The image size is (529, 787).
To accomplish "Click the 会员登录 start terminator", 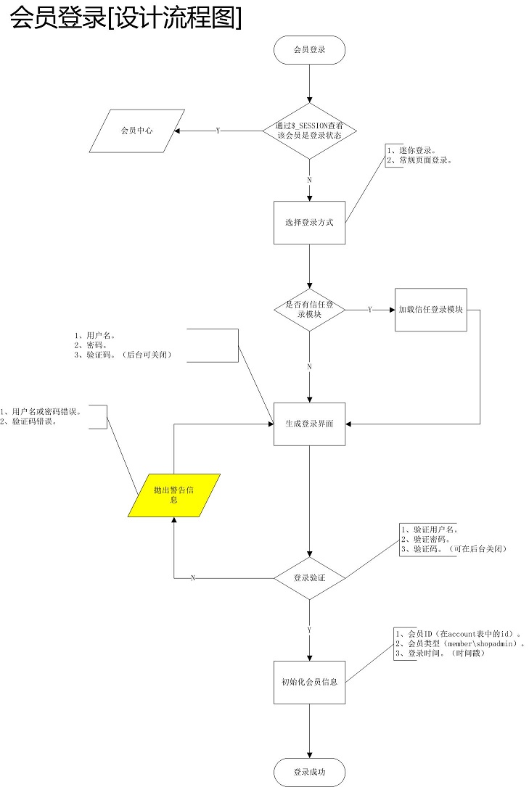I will (309, 50).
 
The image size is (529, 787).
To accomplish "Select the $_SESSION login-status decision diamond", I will (309, 131).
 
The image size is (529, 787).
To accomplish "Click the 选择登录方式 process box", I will (309, 223).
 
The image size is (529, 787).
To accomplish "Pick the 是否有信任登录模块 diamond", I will (309, 310).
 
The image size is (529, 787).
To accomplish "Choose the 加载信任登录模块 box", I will (431, 310).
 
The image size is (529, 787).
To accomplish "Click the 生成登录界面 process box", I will (309, 424).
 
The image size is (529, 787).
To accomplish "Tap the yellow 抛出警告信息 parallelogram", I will (174, 495).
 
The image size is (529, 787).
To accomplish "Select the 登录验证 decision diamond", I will (309, 578).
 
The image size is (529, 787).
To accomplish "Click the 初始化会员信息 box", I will (309, 682).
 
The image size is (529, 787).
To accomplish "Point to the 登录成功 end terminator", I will (309, 772).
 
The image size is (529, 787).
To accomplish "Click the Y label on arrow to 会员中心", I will (218, 131).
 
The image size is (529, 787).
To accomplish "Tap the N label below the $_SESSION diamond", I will (310, 179).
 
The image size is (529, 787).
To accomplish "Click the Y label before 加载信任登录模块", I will (370, 310).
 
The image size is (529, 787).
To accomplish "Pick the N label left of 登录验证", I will (193, 578).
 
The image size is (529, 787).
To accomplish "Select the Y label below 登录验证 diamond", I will (310, 630).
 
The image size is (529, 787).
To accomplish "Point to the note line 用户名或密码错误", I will (46, 411).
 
